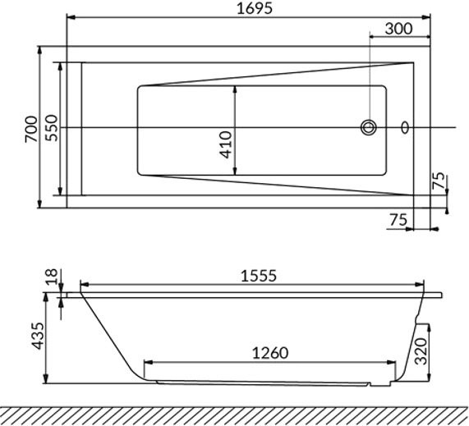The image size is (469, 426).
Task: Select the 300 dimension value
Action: [x=398, y=29]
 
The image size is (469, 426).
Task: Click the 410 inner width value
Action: [x=226, y=144]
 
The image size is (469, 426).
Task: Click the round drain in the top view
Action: [x=369, y=127]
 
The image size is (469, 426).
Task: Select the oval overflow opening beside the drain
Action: [x=404, y=127]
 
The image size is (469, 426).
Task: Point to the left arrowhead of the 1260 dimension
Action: [x=148, y=363]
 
